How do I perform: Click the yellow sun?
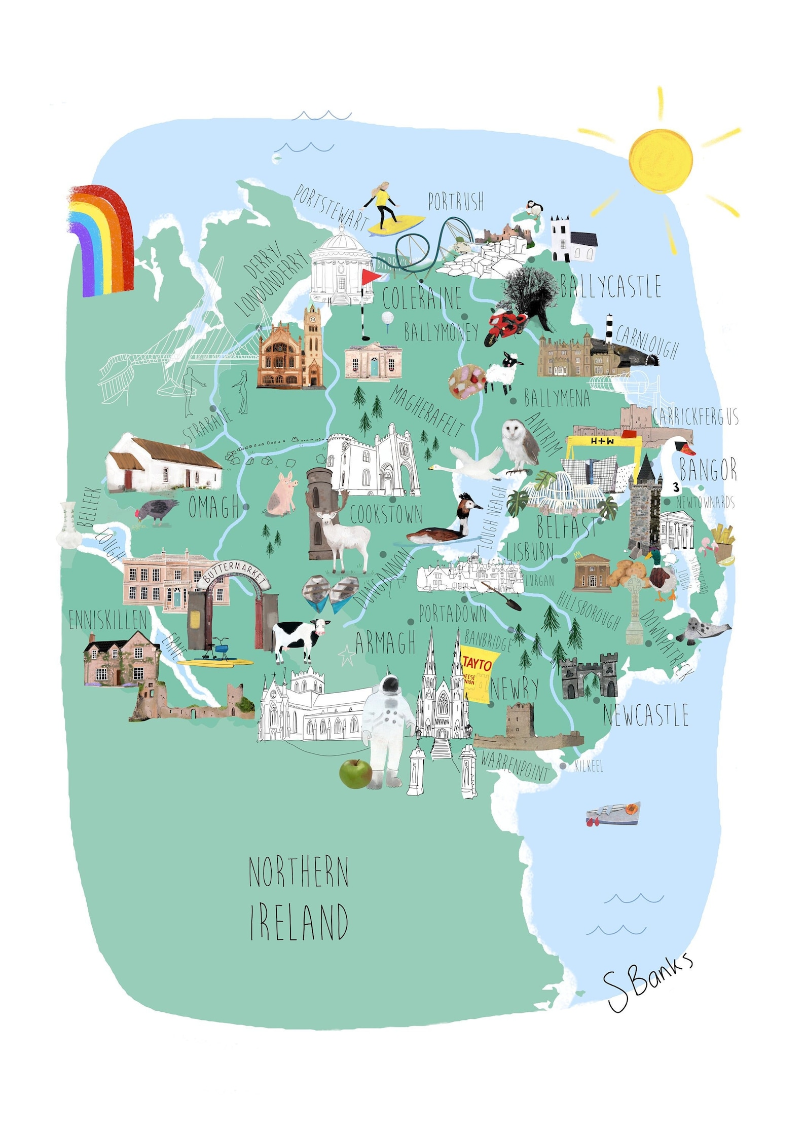661,161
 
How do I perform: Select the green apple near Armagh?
355,773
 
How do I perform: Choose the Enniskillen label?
108,620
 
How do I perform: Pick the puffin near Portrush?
534,208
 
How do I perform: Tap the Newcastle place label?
645,715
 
